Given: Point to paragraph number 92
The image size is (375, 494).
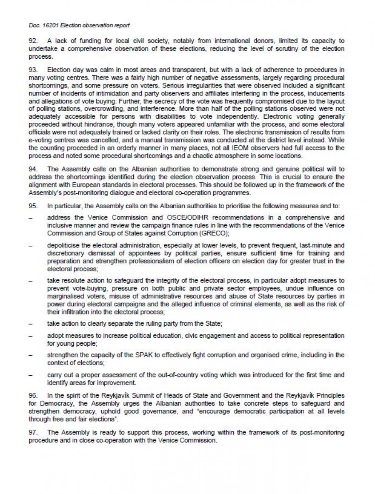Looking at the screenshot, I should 33,41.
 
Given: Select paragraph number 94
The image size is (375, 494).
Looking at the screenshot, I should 33,169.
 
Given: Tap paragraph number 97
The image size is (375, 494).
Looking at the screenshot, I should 33,433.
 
